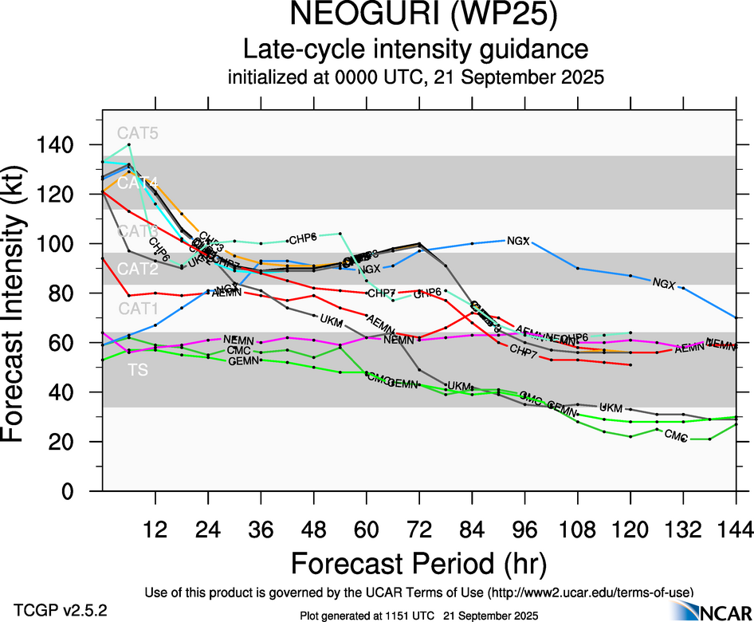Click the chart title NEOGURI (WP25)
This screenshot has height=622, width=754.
tap(416, 16)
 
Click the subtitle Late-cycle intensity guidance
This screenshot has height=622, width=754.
tap(416, 49)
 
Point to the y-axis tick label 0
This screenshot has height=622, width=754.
tap(79, 491)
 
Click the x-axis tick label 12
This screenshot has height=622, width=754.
tap(155, 529)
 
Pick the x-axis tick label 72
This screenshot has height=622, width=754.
tap(419, 529)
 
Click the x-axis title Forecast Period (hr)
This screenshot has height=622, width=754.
tap(418, 563)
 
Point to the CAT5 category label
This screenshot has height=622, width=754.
tap(137, 133)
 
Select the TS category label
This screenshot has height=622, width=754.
tap(137, 370)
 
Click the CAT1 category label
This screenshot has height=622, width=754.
tap(137, 309)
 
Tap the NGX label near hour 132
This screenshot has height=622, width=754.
tap(663, 283)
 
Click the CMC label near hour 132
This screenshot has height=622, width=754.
tap(676, 435)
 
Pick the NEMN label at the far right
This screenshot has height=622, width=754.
tap(721, 344)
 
